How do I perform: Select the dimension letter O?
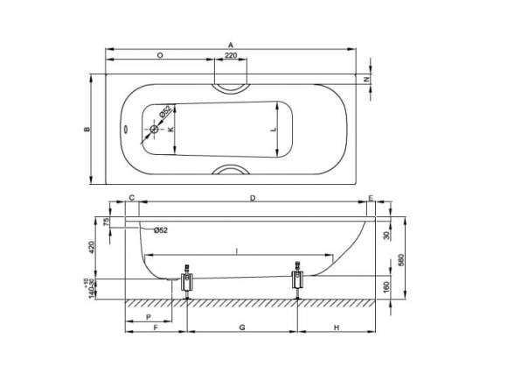click(x=158, y=54)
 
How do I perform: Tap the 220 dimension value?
click(x=230, y=54)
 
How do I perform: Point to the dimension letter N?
click(x=367, y=80)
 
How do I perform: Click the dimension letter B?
click(x=87, y=130)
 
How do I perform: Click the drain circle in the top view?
click(x=154, y=130)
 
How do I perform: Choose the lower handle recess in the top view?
click(x=229, y=171)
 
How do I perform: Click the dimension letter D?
click(x=252, y=199)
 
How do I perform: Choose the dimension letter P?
click(x=148, y=316)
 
